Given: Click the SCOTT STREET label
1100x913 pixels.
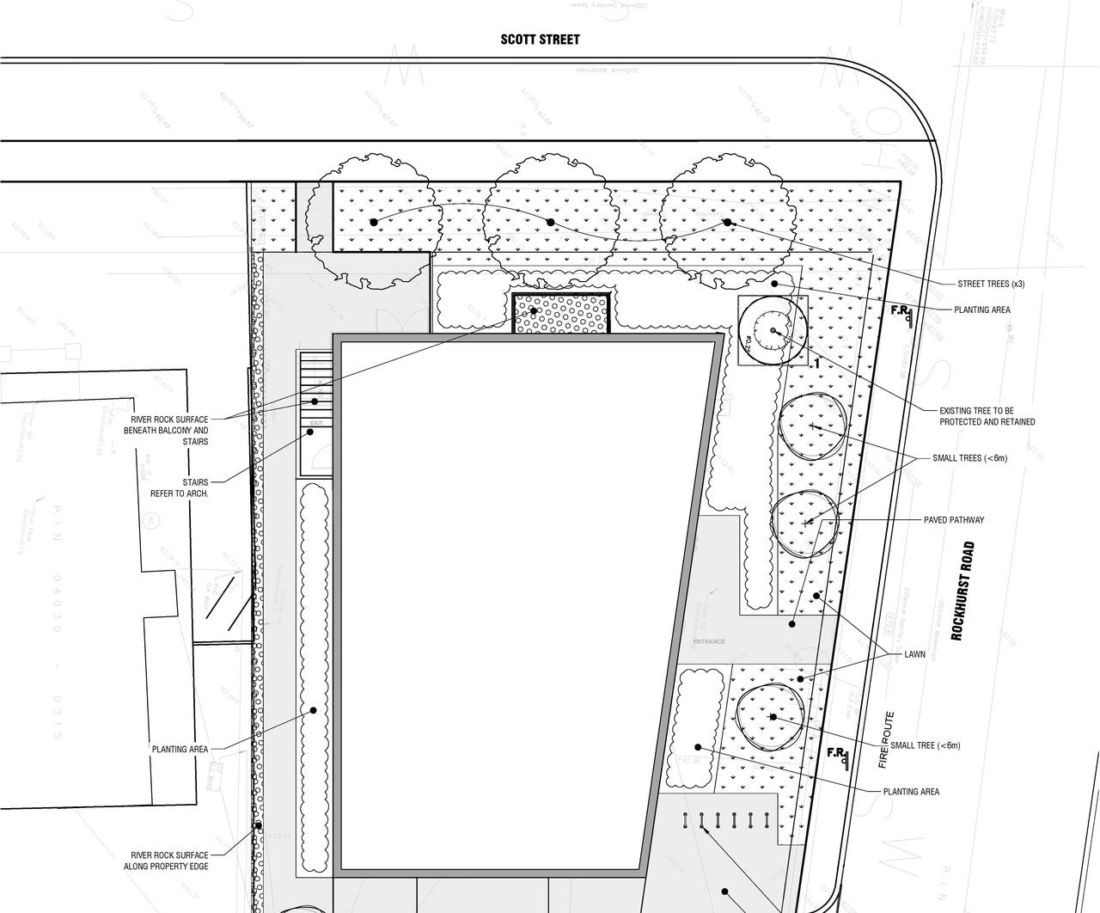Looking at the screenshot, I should click(540, 40).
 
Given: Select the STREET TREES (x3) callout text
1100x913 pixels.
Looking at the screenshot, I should click(991, 284).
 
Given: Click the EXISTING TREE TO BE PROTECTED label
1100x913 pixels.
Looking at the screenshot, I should click(987, 416).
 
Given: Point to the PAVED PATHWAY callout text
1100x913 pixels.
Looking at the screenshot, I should click(954, 520).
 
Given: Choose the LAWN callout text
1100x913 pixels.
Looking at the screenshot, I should click(914, 654).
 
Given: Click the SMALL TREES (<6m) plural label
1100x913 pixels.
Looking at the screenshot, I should click(969, 458).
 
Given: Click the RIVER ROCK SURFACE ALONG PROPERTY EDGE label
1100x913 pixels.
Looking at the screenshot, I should click(168, 860).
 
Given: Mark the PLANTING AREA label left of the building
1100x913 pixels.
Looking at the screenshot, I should click(180, 749).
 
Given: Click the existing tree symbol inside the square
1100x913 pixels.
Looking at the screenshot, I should click(772, 331).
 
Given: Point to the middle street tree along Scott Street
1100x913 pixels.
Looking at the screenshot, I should click(548, 220).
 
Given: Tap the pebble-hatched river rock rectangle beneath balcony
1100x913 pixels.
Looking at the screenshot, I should click(561, 313).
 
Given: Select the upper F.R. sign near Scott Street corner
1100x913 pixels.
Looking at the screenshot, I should click(901, 312).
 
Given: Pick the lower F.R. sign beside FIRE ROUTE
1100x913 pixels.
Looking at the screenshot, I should click(837, 755).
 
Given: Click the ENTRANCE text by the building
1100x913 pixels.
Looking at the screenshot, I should click(709, 641).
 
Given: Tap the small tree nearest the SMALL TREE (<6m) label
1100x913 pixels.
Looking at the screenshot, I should click(772, 716).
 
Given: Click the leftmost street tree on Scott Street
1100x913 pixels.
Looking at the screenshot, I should click(373, 221).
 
